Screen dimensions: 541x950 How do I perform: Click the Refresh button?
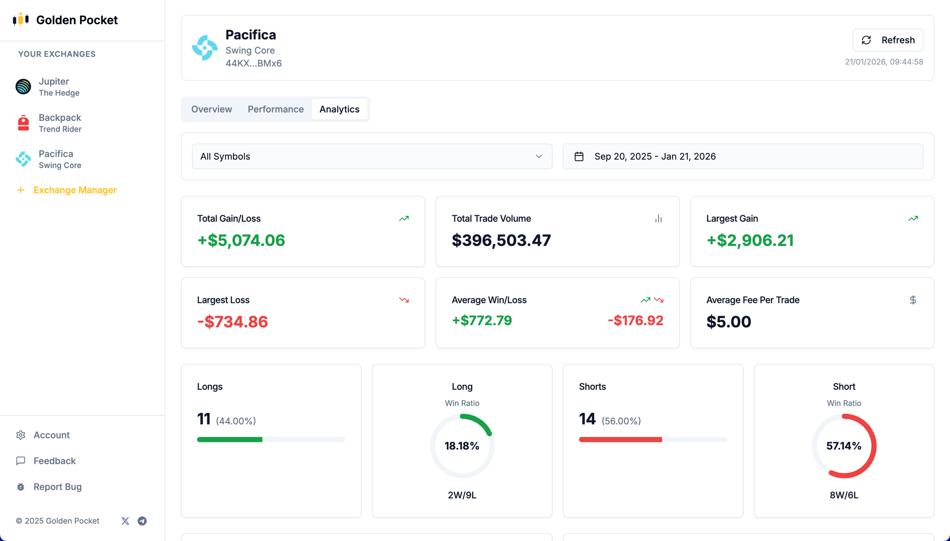pos(888,40)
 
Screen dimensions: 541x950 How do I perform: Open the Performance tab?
pos(276,109)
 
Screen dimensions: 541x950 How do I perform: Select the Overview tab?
pos(211,109)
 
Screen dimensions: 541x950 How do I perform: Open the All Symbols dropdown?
pos(372,156)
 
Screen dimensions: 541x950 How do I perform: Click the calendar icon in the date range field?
pos(579,156)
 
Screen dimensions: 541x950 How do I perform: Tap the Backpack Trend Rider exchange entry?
pos(59,123)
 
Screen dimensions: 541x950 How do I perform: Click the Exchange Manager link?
pos(75,190)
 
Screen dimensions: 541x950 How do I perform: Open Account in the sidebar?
pos(51,435)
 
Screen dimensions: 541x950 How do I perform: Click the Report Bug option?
pos(57,487)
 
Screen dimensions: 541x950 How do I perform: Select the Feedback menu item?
pos(54,461)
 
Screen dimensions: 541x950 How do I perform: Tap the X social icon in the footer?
pos(125,521)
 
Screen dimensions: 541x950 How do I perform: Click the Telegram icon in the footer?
pos(142,521)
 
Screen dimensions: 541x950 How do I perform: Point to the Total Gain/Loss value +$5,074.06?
pos(241,241)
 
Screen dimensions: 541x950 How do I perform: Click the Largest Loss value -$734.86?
pos(233,322)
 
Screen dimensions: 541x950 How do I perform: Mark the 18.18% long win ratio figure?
pos(462,446)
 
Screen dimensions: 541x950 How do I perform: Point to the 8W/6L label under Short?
pos(844,495)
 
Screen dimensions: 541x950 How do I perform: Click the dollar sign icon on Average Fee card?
pos(913,300)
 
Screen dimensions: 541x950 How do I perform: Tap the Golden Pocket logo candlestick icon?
pos(21,20)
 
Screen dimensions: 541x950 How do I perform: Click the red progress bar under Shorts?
pos(620,440)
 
